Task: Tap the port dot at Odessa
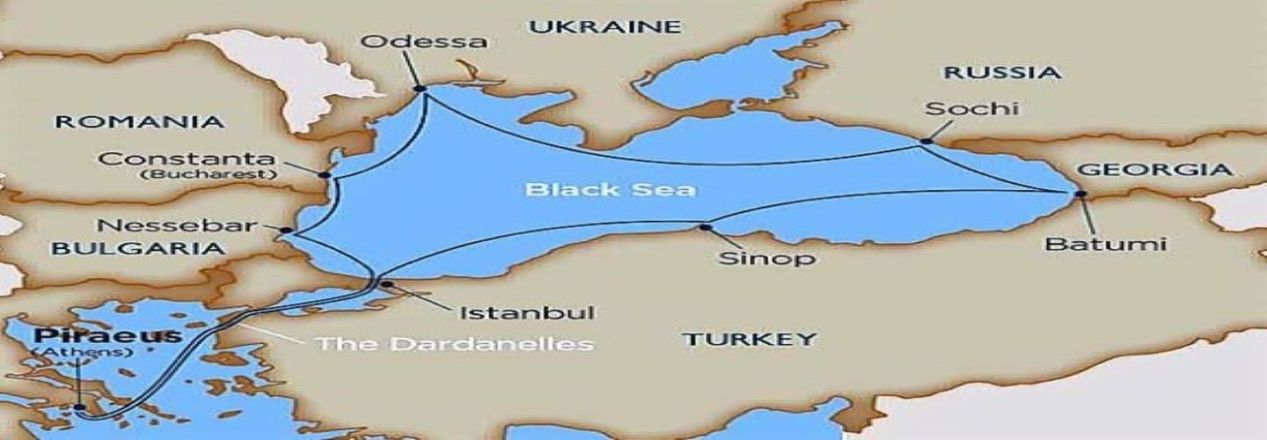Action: [x=420, y=88]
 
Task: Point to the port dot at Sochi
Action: [x=926, y=141]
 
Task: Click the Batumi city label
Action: [x=1105, y=244]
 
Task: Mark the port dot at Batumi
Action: [x=1080, y=194]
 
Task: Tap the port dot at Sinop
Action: [x=704, y=227]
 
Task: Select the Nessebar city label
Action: [x=165, y=225]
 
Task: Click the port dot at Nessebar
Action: [x=286, y=230]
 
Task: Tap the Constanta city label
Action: [x=187, y=159]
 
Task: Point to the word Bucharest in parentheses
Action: [x=208, y=174]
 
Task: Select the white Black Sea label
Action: [x=610, y=188]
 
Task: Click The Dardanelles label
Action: [x=455, y=342]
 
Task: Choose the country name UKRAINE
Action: [x=605, y=26]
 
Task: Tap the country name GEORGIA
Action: [x=1153, y=170]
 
